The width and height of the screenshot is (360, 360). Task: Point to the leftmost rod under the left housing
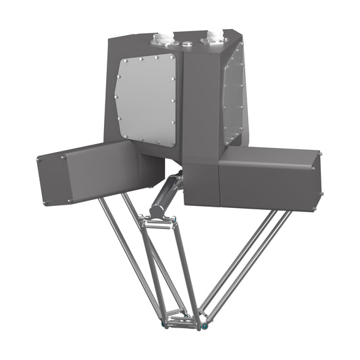pos(128,249)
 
